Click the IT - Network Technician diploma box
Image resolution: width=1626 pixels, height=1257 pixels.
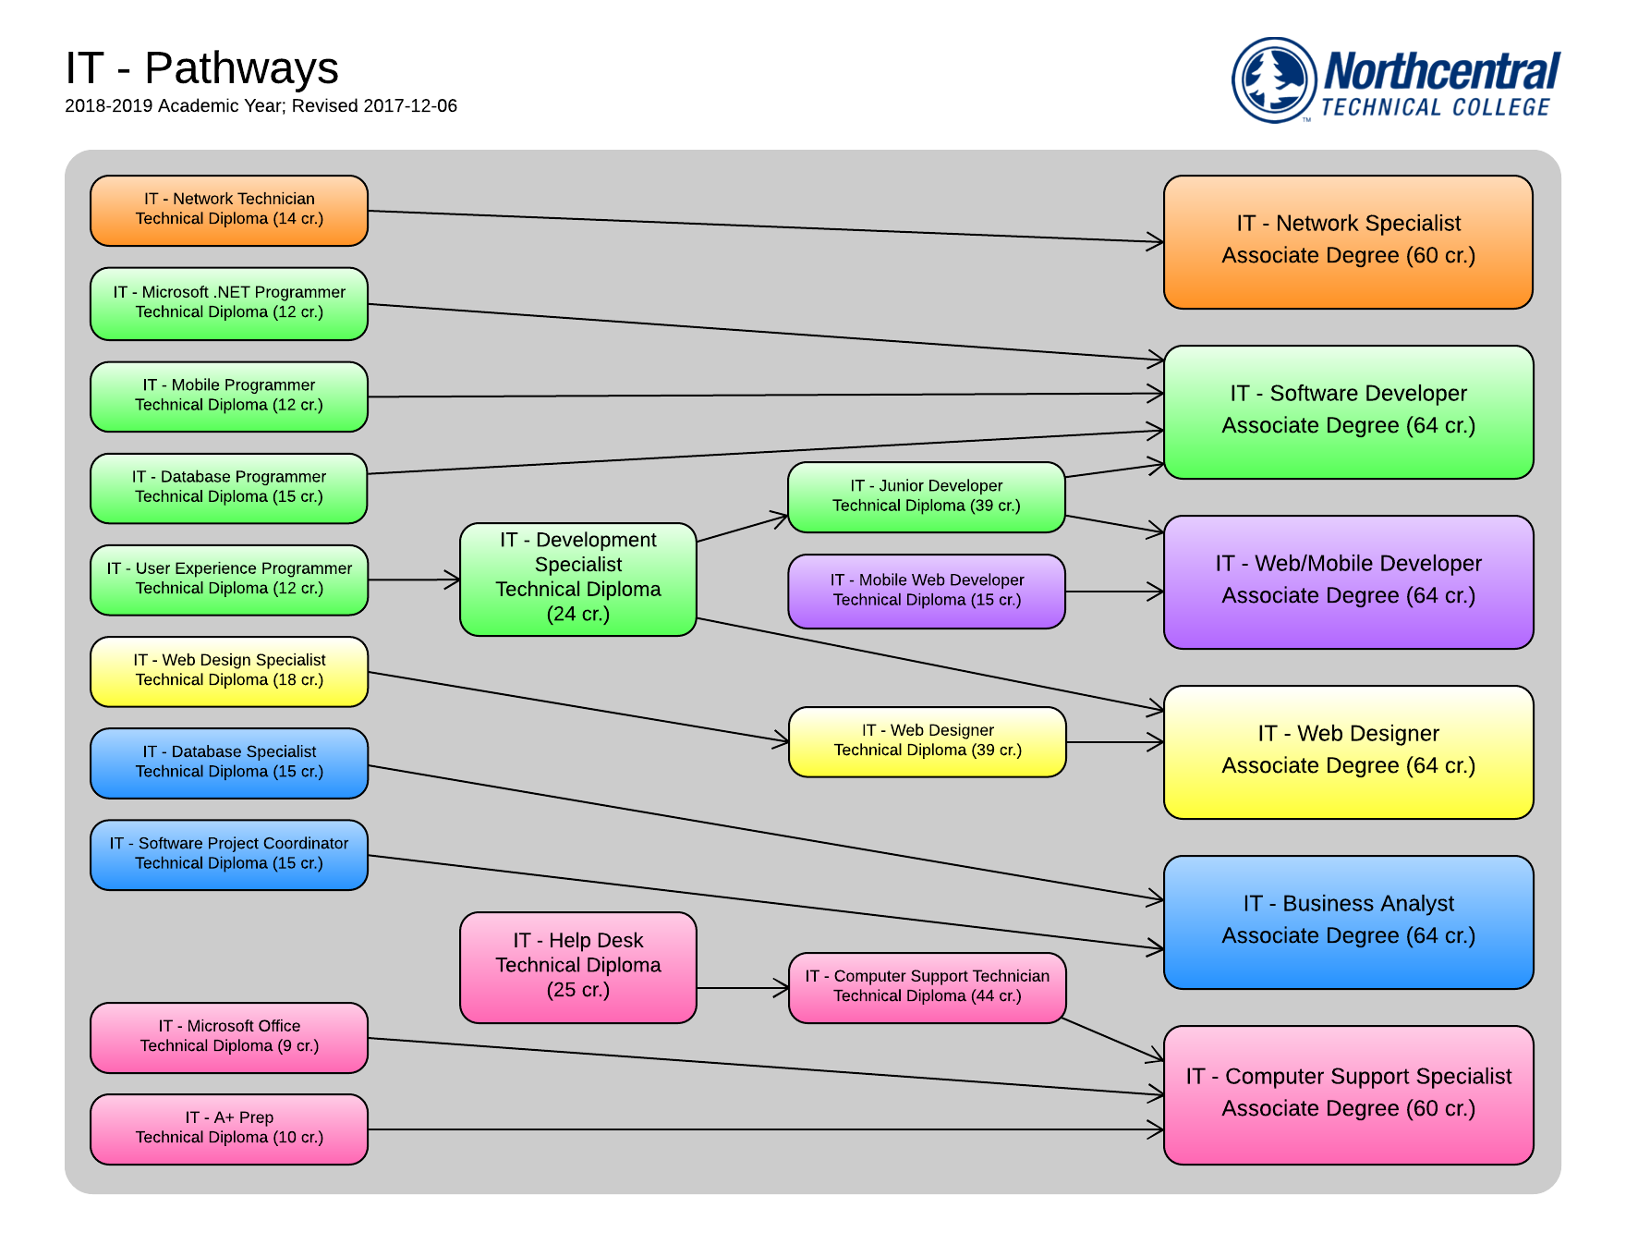[229, 210]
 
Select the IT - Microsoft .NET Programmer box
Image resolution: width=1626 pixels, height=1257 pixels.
[229, 303]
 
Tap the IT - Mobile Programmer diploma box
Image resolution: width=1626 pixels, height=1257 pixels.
[229, 396]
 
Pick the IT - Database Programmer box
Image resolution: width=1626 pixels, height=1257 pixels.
[229, 487]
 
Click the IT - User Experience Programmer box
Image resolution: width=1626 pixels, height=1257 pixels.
[229, 579]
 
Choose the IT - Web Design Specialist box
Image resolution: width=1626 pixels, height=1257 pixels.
[229, 670]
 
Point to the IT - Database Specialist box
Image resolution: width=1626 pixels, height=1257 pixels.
[229, 762]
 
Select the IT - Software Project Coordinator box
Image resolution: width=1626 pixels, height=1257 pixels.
[229, 854]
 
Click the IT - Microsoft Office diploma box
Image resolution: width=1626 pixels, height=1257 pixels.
[229, 1036]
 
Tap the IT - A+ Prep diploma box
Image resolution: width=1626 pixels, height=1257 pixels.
[229, 1128]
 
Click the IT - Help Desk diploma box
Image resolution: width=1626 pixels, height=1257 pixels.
[578, 966]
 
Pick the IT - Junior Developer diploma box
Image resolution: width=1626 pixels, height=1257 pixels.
[927, 496]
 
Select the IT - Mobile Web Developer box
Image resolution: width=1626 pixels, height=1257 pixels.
[927, 591]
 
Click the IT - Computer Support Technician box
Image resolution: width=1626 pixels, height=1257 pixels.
[927, 986]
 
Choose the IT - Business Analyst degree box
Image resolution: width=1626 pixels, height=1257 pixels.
[1348, 921]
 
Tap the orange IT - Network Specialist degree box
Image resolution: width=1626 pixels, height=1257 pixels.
[1348, 240]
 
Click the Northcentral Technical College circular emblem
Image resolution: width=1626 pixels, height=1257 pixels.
[1274, 79]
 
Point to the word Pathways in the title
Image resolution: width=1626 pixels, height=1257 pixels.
[242, 68]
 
